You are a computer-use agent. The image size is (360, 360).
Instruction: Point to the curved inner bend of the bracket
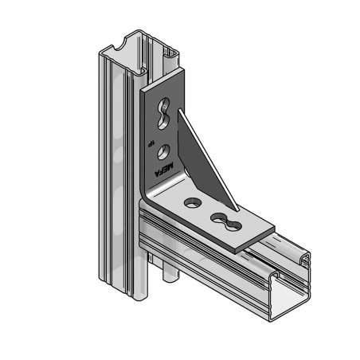(x=151, y=194)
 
